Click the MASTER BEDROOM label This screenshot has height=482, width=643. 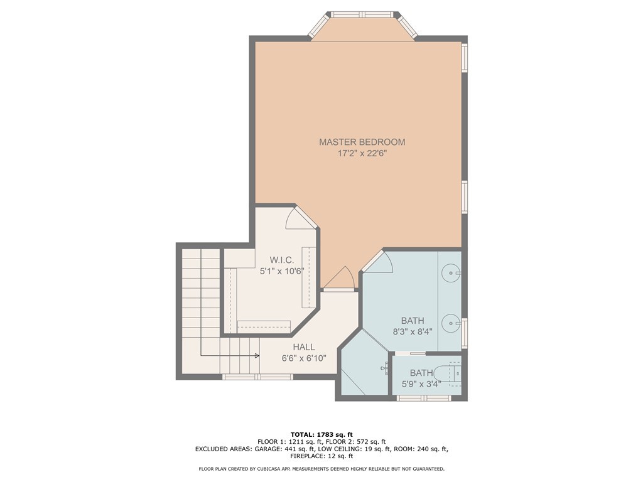click(362, 142)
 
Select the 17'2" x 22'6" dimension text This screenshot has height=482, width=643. click(362, 154)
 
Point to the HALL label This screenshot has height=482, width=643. click(304, 347)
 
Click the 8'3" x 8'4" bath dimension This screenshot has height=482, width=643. click(413, 331)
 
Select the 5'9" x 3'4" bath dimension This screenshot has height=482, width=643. click(421, 385)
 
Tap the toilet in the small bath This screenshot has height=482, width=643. click(451, 373)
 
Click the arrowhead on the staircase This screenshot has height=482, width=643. click(257, 356)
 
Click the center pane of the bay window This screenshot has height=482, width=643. click(362, 14)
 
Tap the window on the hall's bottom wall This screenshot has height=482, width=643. click(257, 377)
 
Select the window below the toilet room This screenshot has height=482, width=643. click(424, 398)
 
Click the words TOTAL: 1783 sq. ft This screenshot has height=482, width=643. click(321, 434)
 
